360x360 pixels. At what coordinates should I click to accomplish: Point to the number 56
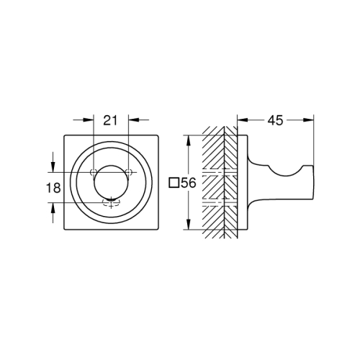click(188, 184)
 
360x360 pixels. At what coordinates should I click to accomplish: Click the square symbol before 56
click(173, 184)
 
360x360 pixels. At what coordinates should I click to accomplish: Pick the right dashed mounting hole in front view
click(128, 171)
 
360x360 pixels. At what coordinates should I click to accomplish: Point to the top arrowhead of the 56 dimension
click(188, 138)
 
